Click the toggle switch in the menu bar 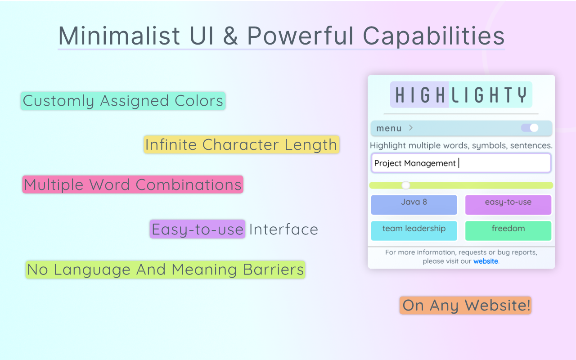click(x=530, y=128)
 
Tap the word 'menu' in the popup click(x=389, y=128)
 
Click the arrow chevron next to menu click(x=411, y=128)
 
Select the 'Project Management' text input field click(x=461, y=163)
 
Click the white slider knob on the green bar click(x=406, y=185)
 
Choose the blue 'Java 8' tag click(x=414, y=205)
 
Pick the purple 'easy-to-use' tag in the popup click(x=508, y=205)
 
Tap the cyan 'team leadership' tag click(x=414, y=230)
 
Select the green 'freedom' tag click(x=508, y=230)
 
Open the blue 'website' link click(x=486, y=261)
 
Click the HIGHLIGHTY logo click(x=461, y=94)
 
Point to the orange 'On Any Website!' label click(x=465, y=305)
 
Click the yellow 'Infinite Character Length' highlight click(x=241, y=144)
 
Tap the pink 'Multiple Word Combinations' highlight click(x=133, y=184)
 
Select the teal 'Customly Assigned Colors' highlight click(x=123, y=101)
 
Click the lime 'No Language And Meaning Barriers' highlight click(x=165, y=270)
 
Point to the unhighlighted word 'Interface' click(x=283, y=229)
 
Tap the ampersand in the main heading click(x=230, y=36)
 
